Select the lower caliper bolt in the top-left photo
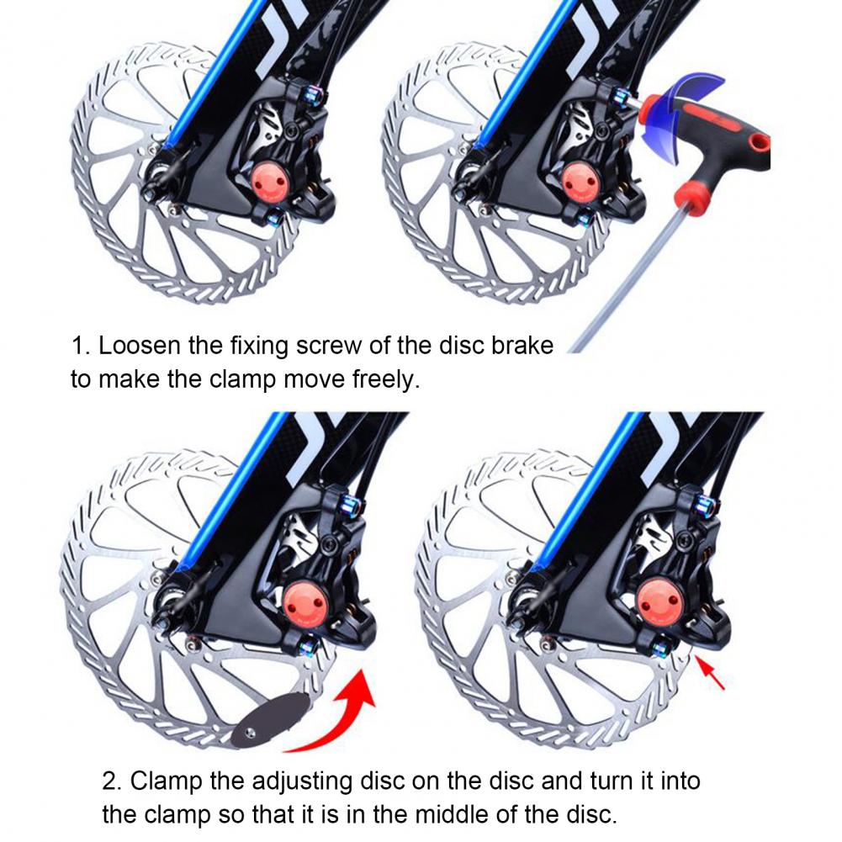point(274,216)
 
